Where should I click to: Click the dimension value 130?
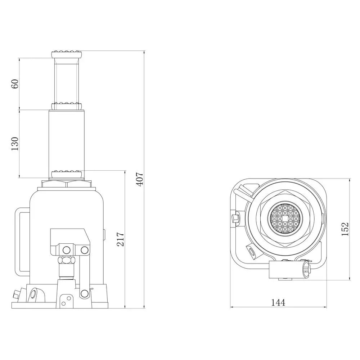click(x=15, y=143)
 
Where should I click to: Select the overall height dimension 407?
click(x=140, y=179)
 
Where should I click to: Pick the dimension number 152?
click(x=345, y=229)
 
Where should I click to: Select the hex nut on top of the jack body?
click(x=67, y=184)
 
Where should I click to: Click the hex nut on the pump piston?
click(x=67, y=260)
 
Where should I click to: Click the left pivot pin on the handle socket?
click(x=67, y=249)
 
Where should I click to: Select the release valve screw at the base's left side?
click(x=17, y=294)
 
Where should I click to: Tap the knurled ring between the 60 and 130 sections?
click(x=67, y=106)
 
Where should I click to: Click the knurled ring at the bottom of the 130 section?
click(x=67, y=174)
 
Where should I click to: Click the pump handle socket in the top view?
click(x=288, y=270)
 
